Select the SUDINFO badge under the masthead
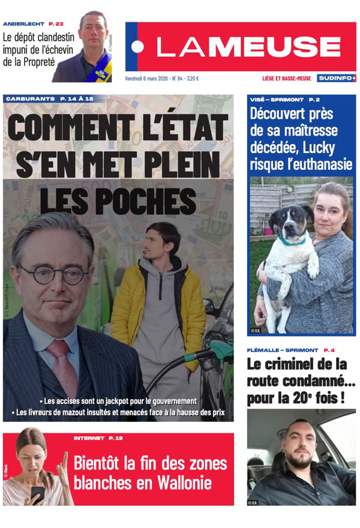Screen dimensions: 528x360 tap(336, 78)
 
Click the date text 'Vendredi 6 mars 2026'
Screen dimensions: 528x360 tap(147, 78)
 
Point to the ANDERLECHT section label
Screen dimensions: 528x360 tap(24, 24)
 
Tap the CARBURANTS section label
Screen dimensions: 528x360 tap(29, 98)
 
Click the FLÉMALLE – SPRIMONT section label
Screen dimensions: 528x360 tap(282, 350)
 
